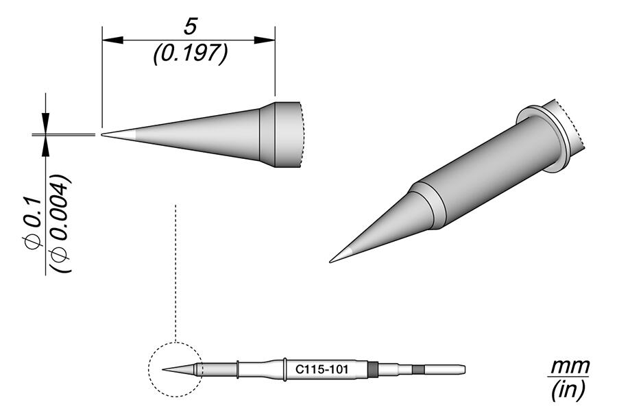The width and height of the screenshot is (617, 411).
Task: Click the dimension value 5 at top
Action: (x=190, y=27)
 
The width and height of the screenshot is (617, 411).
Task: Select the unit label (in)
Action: (x=568, y=391)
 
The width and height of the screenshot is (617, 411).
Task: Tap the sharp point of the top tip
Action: (x=103, y=134)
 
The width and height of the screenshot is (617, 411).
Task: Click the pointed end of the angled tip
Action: (x=332, y=260)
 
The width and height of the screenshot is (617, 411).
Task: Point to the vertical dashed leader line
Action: (x=176, y=274)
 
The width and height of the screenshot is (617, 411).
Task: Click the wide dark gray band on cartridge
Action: (x=372, y=370)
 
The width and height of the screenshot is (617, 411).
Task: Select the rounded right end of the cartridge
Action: (x=464, y=370)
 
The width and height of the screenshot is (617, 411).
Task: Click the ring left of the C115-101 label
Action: (x=285, y=370)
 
